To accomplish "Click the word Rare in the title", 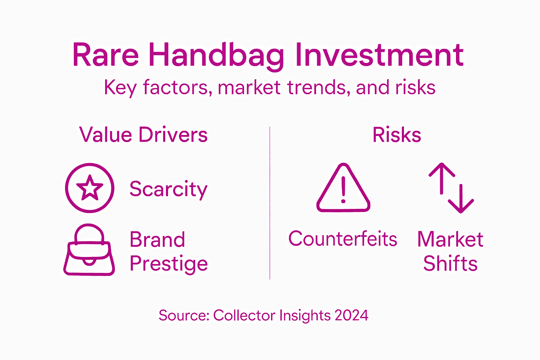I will coord(105,55).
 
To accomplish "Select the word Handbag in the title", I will coord(216,56).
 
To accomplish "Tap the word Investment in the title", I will coord(379,55).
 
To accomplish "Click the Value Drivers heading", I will coord(143,135).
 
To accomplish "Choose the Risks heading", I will coord(397,135).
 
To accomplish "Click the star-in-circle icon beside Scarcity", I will coord(90,188).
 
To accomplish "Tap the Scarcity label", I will coord(168,189).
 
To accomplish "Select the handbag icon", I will coord(89,250).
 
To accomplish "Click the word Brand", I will coord(157,240).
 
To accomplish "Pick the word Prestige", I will coord(169,264).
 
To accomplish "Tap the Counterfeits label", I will coord(343,239).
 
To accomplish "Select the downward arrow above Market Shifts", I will coord(461,199).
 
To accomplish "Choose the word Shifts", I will coord(450,264).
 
